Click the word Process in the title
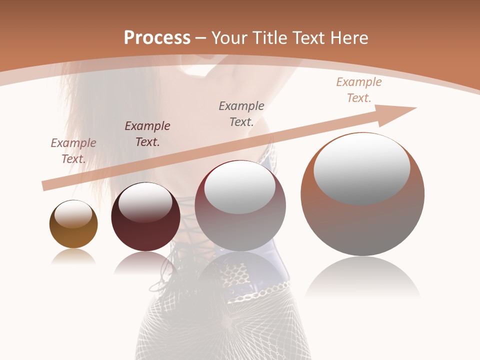(x=157, y=38)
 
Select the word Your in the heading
(x=230, y=38)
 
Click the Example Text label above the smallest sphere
(x=73, y=150)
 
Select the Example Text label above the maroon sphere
(x=147, y=133)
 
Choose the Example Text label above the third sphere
(x=241, y=113)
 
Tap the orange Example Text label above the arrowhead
(x=359, y=89)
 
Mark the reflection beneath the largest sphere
(x=362, y=277)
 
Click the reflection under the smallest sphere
(x=73, y=256)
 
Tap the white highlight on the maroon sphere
(x=145, y=201)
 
